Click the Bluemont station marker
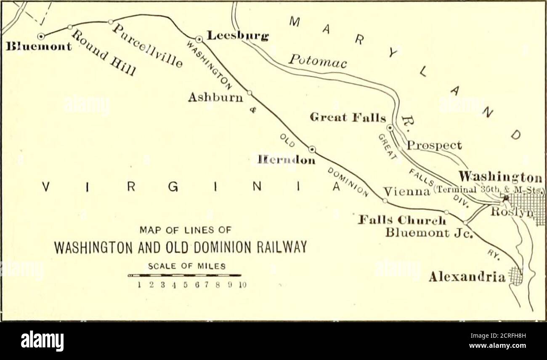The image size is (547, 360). [41, 37]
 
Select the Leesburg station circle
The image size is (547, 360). [199, 39]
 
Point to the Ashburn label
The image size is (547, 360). [215, 98]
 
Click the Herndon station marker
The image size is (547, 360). [312, 149]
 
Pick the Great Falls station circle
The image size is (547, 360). [390, 127]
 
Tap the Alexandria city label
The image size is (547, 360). [467, 277]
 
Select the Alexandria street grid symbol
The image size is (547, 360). [515, 276]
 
